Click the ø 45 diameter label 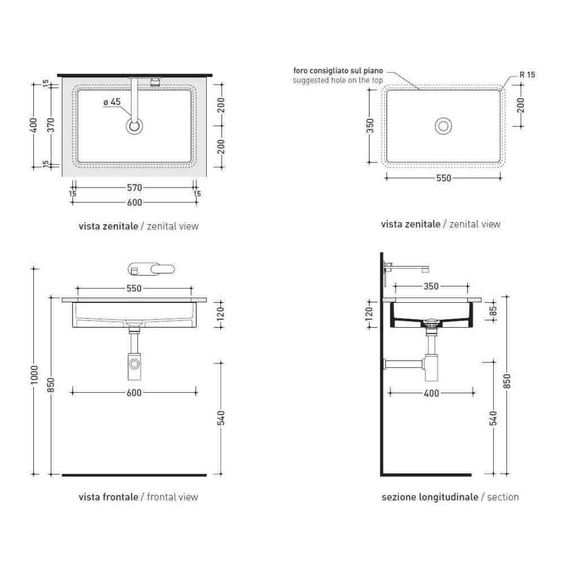pyautogui.click(x=112, y=102)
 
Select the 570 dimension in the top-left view pyautogui.click(x=134, y=188)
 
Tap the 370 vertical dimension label pyautogui.click(x=51, y=125)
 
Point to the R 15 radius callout pyautogui.click(x=527, y=75)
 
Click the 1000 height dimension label pyautogui.click(x=34, y=375)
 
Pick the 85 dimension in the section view pyautogui.click(x=493, y=311)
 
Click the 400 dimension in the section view pyautogui.click(x=431, y=393)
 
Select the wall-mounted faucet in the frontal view pyautogui.click(x=151, y=269)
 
